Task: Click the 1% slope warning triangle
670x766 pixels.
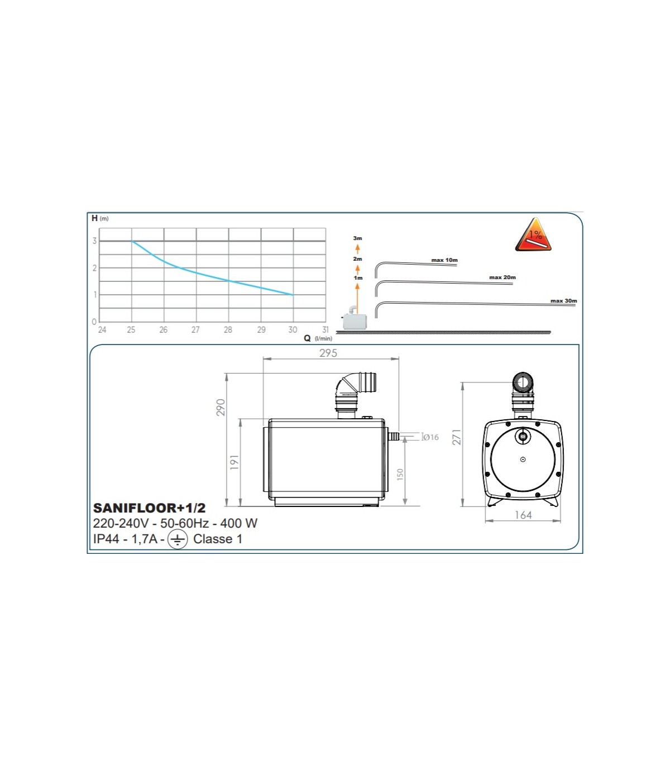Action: point(533,235)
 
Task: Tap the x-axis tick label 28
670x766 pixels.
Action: point(228,330)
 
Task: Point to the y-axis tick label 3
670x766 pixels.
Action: point(95,241)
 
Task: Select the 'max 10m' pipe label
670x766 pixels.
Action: point(444,260)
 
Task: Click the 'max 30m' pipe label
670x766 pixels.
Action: point(564,300)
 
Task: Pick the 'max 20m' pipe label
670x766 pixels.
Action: point(502,277)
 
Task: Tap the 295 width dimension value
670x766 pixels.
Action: point(328,353)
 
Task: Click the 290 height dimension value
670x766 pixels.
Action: point(221,408)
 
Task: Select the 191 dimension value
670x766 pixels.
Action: point(234,463)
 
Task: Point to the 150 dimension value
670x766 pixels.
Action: point(400,475)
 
